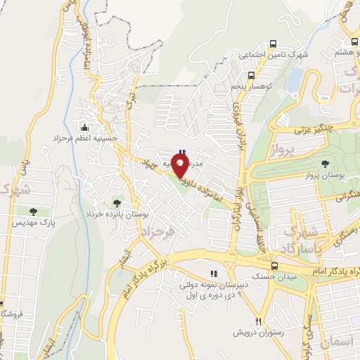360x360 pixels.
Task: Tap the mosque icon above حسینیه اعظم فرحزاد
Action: pos(85,127)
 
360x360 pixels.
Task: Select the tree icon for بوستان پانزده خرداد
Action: pos(117,203)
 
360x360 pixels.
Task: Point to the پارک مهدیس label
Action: pos(33,222)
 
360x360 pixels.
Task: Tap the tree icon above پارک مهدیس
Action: pos(33,211)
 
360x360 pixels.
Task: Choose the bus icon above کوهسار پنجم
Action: pos(251,75)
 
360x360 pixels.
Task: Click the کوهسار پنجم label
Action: pos(251,86)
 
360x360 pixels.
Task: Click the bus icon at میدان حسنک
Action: pos(274,266)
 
